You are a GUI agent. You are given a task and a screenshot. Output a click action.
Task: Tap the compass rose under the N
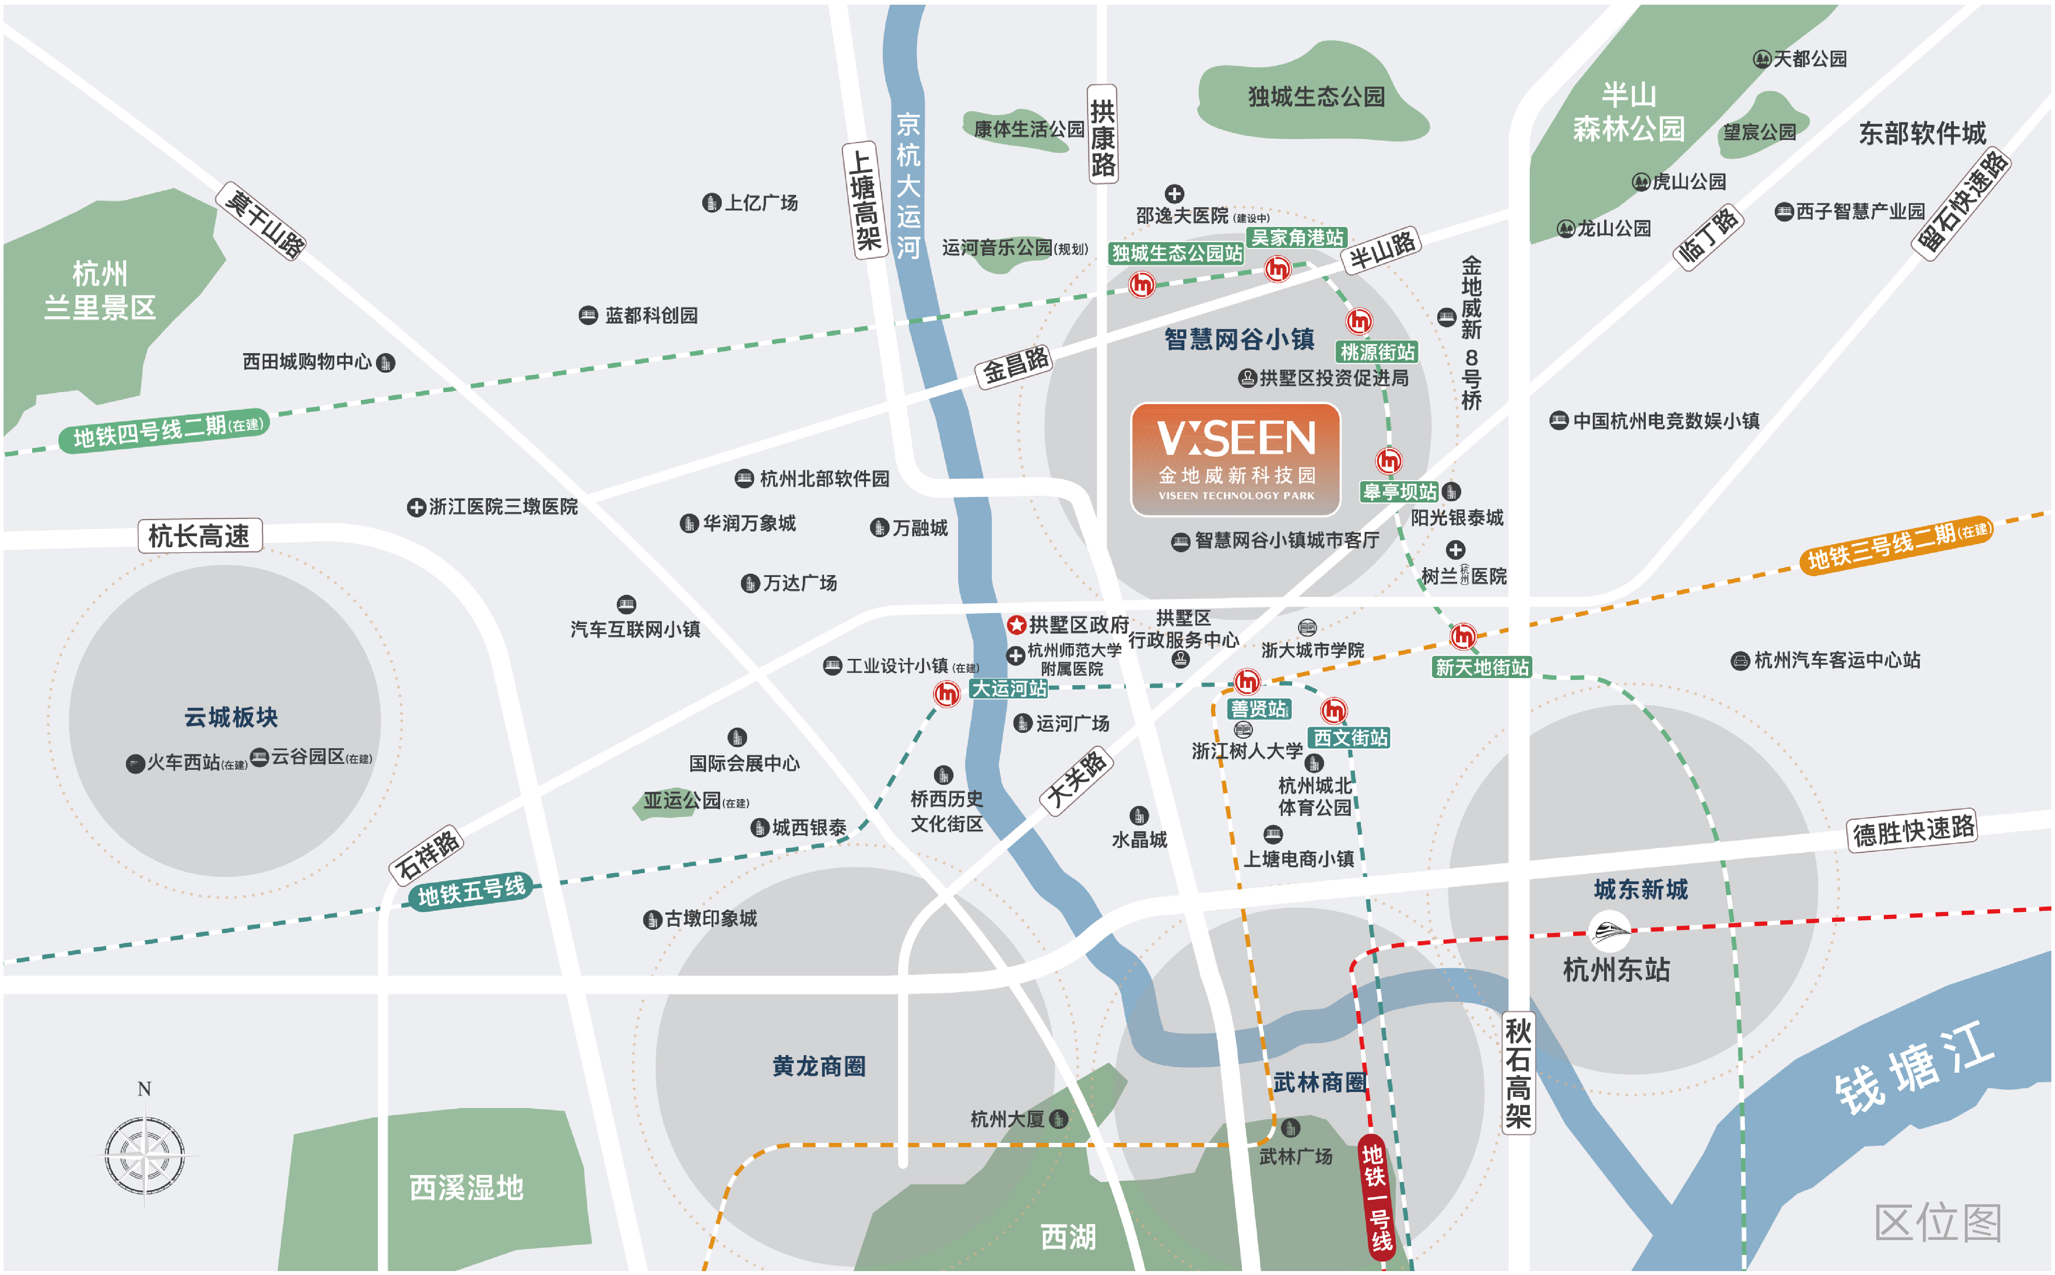coord(144,1155)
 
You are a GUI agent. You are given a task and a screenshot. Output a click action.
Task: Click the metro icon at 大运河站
coord(947,694)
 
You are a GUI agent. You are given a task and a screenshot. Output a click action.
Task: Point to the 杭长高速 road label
coord(200,535)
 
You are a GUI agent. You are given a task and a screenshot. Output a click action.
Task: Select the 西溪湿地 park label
coord(467,1187)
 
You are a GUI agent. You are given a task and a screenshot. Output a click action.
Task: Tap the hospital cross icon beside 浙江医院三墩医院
coord(416,507)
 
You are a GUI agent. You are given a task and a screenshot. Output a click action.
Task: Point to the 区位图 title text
coord(1938,1222)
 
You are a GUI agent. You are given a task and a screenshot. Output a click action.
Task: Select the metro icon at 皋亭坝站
coord(1388,461)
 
